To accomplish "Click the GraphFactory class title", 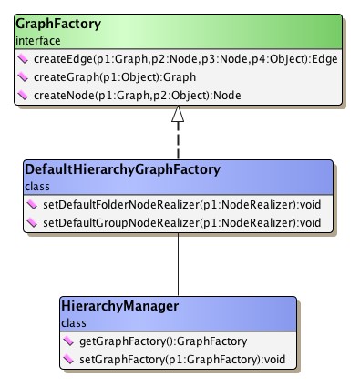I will (57, 25).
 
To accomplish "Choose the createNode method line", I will (129, 96).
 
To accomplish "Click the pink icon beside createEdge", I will (22, 59).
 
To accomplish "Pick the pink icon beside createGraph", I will (22, 77).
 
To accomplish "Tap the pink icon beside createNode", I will (22, 96).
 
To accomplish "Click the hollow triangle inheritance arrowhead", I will (178, 115).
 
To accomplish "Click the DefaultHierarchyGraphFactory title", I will (110, 168).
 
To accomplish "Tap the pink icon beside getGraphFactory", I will (71, 341).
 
